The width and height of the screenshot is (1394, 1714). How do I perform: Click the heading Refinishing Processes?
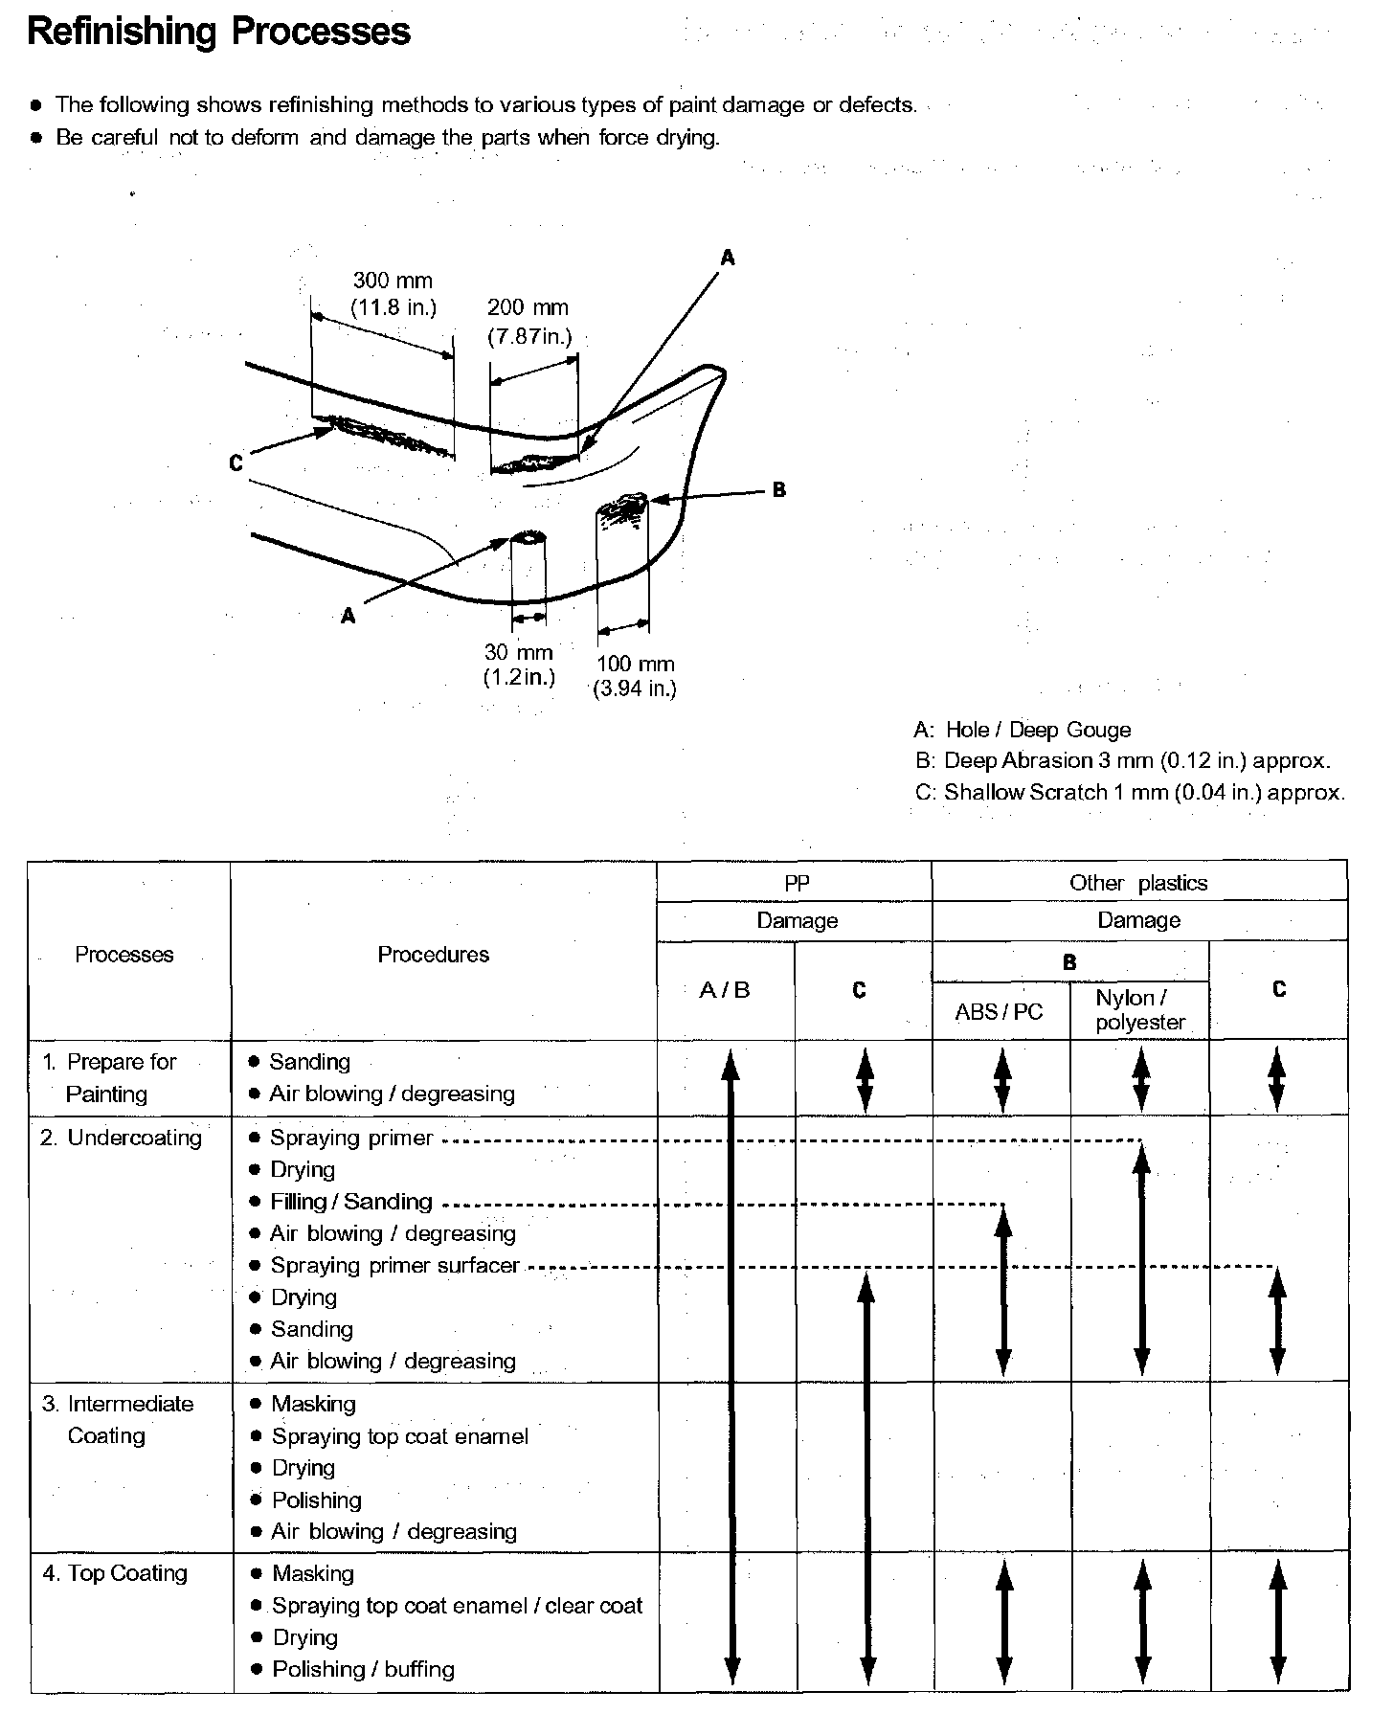219,32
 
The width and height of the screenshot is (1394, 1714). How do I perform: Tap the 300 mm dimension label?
393,282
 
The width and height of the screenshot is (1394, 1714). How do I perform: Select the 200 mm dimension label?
528,308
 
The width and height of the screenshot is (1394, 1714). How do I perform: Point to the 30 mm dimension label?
519,653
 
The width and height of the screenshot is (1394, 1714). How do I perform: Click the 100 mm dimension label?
635,665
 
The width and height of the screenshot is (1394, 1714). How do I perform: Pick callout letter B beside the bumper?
779,490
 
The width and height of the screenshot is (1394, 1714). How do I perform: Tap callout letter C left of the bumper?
236,463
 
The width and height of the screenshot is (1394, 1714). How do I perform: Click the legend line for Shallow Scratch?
1130,793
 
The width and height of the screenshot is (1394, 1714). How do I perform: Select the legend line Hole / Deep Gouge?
1023,731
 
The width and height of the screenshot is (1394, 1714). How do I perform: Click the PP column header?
797,884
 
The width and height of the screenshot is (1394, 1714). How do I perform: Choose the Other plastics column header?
1138,883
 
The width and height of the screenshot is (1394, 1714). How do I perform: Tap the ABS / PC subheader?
999,1012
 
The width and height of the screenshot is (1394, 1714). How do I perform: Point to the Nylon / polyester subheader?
1140,1010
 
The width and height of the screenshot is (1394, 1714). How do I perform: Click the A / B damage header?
725,991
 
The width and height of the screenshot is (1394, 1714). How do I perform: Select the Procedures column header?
433,955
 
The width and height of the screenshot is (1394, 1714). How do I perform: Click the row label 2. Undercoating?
122,1138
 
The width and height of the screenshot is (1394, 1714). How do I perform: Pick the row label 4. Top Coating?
115,1573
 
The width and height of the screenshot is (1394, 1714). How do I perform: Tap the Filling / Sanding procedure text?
351,1202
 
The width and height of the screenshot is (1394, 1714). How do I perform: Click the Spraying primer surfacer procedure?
394,1266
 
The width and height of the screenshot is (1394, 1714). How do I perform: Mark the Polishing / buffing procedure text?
363,1669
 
